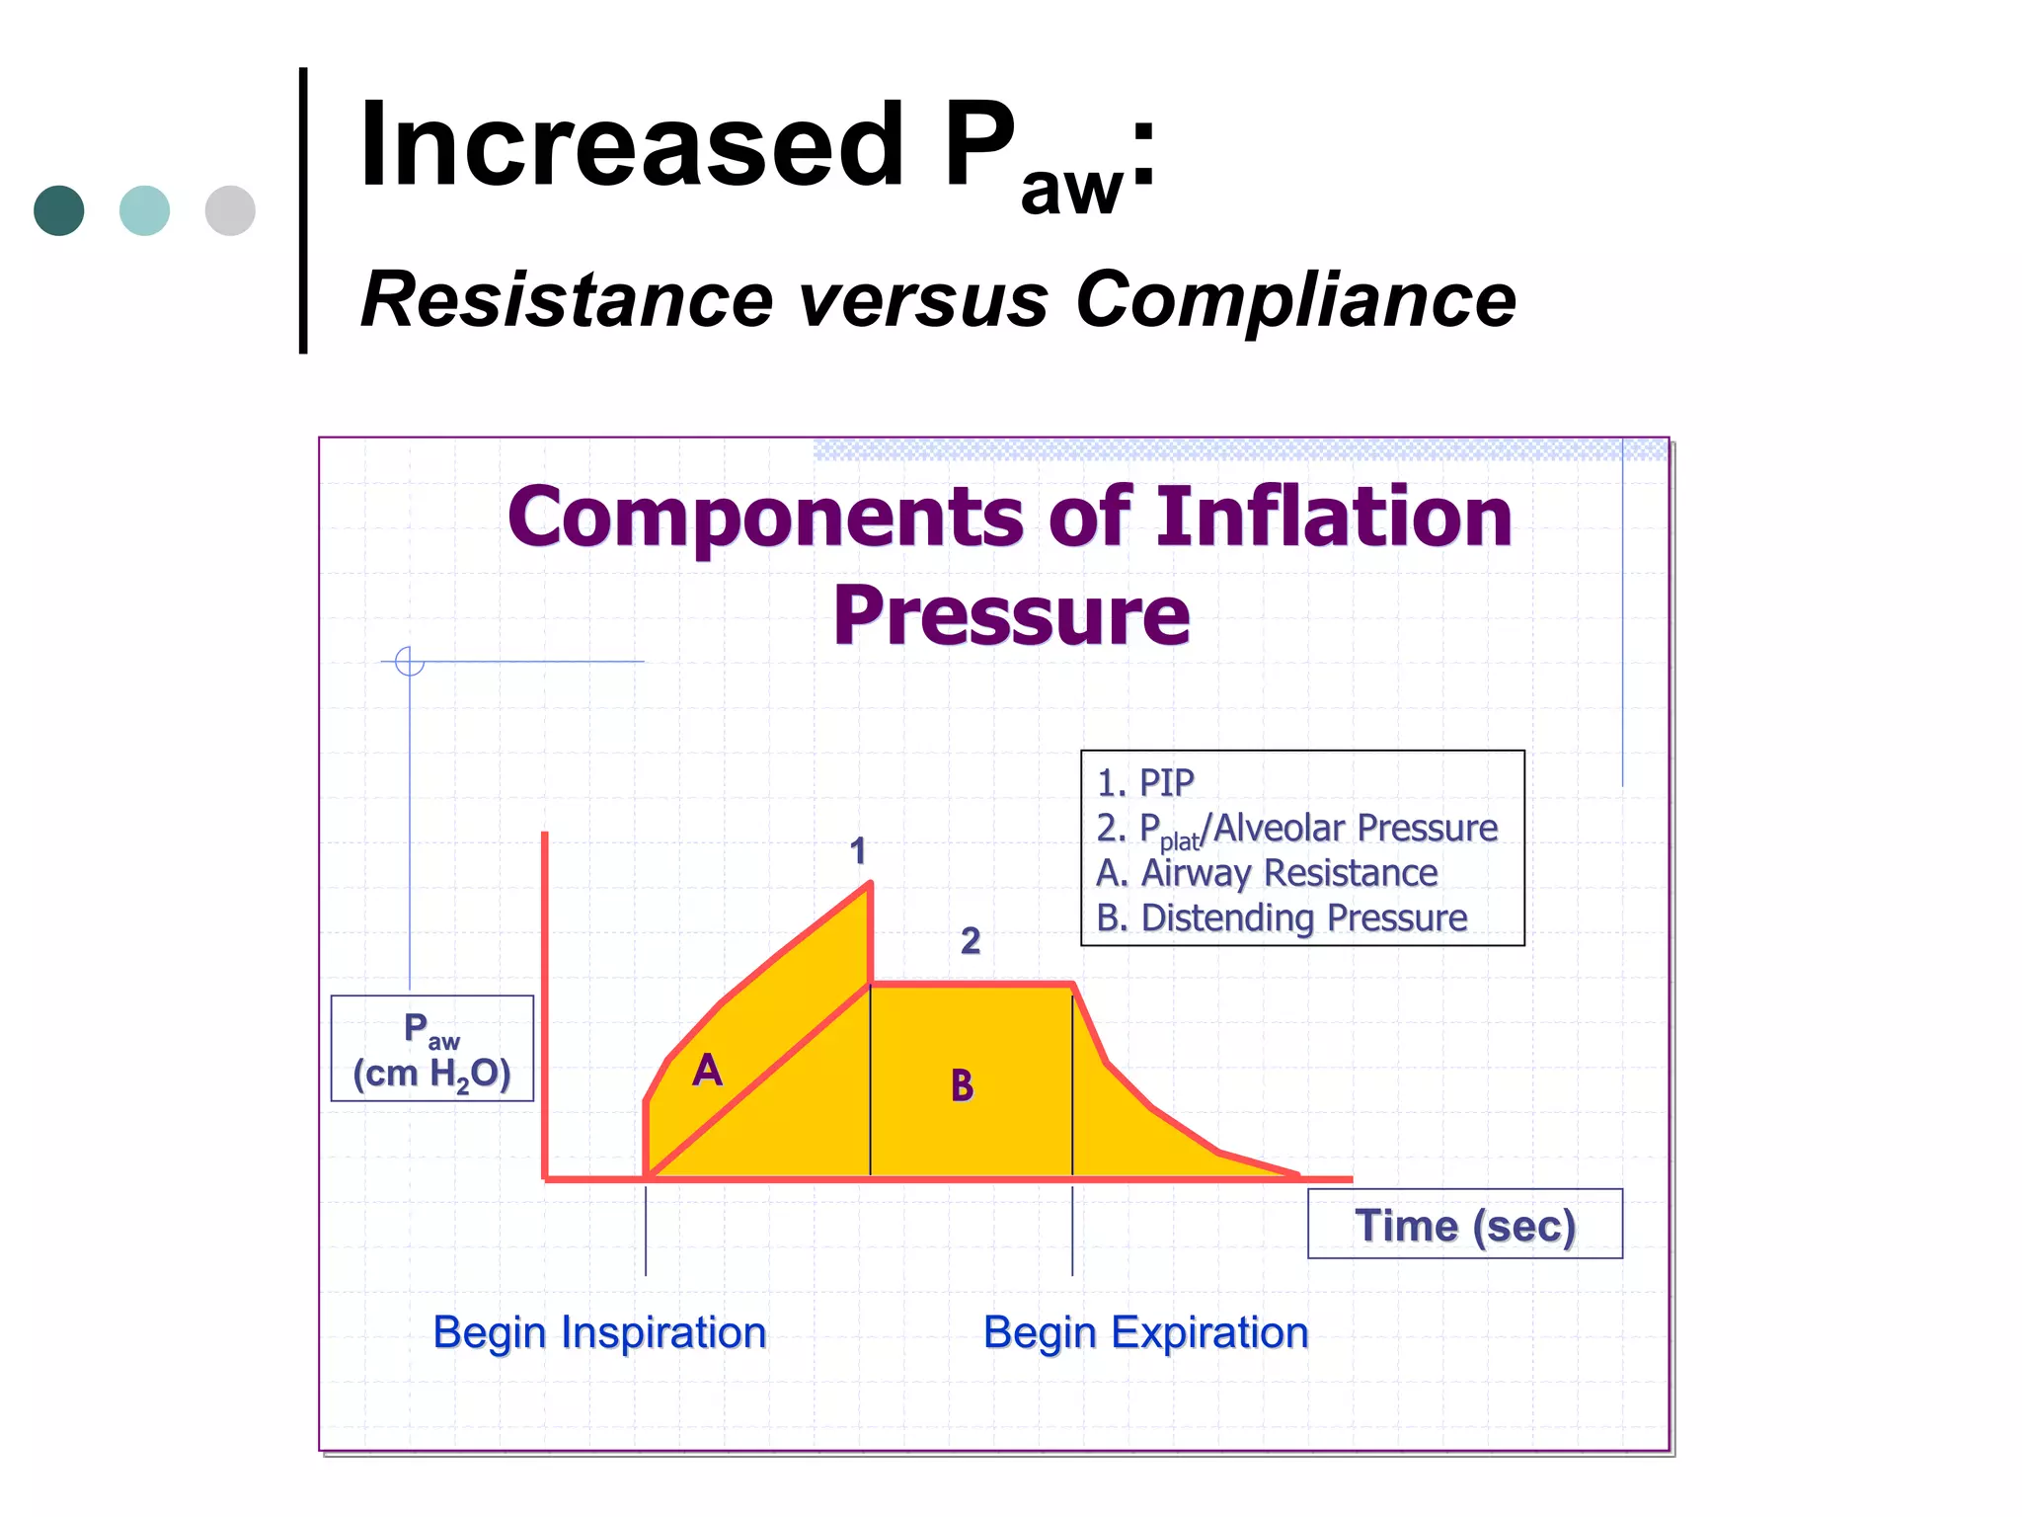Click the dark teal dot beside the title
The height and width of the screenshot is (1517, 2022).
point(59,210)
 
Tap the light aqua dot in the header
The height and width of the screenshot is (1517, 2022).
point(144,210)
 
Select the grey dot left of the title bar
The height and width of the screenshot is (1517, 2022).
point(230,210)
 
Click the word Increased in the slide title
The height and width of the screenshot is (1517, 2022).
point(632,146)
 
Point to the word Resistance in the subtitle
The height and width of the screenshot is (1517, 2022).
point(567,300)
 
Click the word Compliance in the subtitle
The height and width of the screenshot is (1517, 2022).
point(1295,300)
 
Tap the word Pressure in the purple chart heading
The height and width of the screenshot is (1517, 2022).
point(1011,615)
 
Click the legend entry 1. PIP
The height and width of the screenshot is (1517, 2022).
point(1145,783)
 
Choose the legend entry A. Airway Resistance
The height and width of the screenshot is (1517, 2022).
point(1267,873)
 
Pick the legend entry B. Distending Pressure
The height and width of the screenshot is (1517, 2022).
point(1282,918)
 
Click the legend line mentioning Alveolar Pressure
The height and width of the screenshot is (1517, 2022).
point(1296,829)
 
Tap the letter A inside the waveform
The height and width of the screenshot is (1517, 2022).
point(707,1071)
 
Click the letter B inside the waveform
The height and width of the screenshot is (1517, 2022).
point(962,1086)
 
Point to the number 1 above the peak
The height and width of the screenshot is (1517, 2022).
point(858,851)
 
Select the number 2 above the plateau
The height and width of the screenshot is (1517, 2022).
point(971,940)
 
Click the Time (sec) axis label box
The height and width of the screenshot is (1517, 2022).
point(1464,1225)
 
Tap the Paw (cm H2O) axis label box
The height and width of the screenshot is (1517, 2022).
point(432,1049)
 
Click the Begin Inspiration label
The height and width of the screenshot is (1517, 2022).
point(599,1332)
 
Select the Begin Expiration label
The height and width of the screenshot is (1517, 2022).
point(1145,1332)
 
